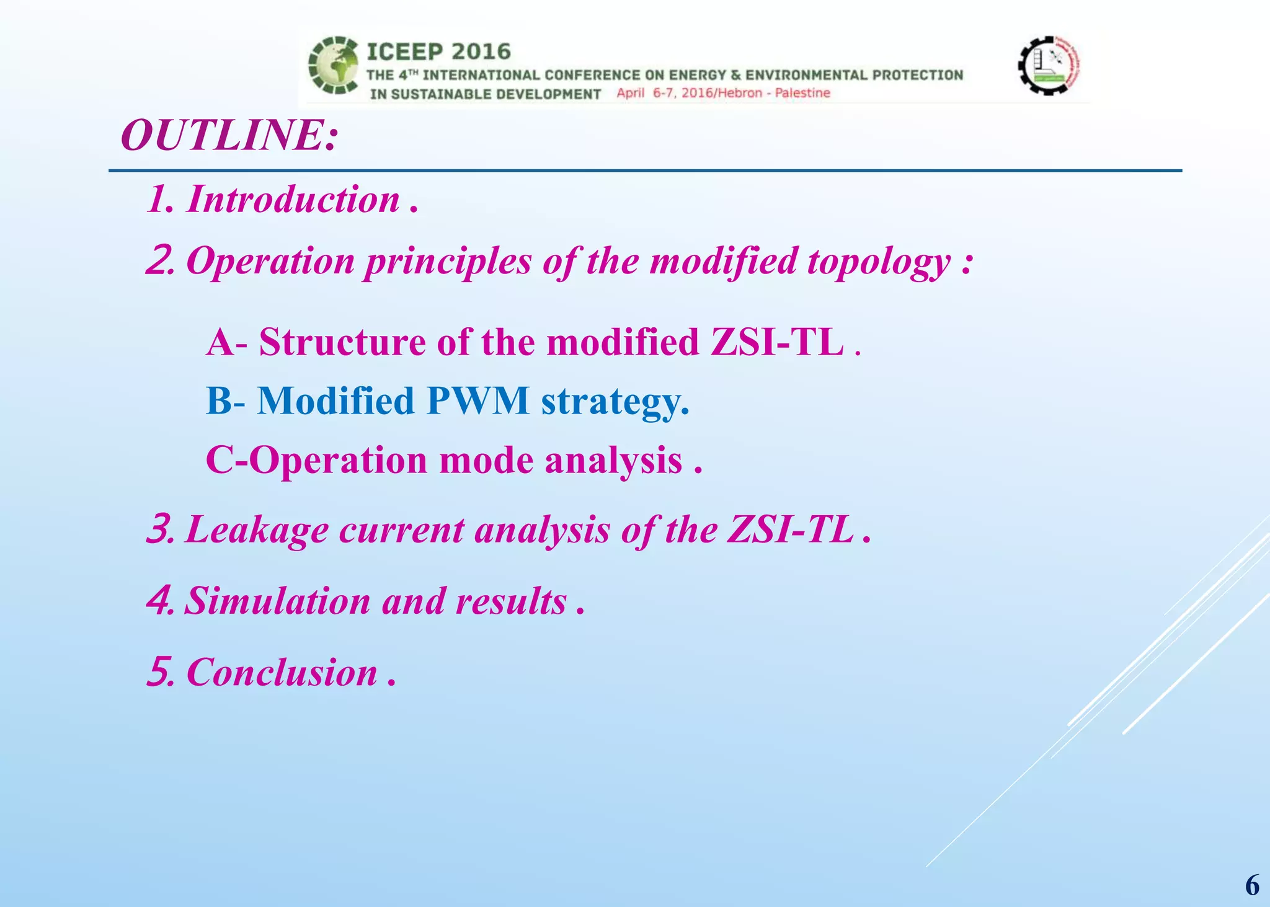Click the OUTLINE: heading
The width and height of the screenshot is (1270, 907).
(x=229, y=136)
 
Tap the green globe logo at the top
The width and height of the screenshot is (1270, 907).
(x=334, y=66)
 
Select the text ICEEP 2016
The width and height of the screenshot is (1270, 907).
(x=438, y=51)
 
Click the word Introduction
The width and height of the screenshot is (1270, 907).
(x=293, y=200)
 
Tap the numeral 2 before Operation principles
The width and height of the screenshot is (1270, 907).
(x=159, y=261)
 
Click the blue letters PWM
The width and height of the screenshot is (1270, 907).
(x=477, y=400)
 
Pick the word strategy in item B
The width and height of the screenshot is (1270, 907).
(x=615, y=402)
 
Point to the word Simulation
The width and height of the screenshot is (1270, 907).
(x=277, y=601)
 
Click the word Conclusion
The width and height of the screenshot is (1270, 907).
(x=282, y=673)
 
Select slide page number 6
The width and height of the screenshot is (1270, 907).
(x=1251, y=885)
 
